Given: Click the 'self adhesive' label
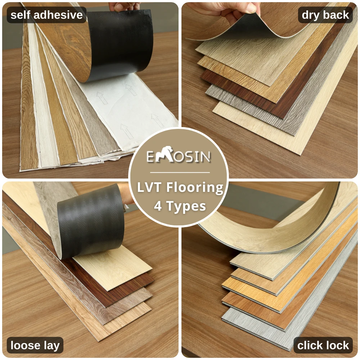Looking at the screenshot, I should click(x=46, y=15).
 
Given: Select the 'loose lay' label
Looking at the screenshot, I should click(x=35, y=346).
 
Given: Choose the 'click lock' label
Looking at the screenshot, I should click(x=323, y=346).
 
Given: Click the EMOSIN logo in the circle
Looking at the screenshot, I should click(x=179, y=157).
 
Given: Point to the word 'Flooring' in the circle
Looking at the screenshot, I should click(x=197, y=188).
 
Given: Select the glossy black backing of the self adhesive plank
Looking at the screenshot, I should click(x=115, y=43).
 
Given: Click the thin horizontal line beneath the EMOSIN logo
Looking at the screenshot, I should click(x=179, y=172).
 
